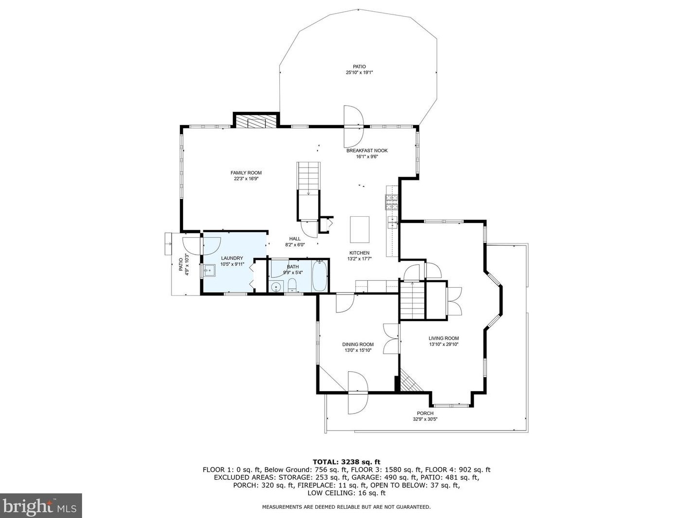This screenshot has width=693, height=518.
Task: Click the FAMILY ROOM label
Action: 246,173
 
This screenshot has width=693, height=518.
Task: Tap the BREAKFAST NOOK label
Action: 367,151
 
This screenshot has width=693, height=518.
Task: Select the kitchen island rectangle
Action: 360,229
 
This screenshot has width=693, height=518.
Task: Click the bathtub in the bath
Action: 319,276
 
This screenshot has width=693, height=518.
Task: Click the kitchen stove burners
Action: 392,202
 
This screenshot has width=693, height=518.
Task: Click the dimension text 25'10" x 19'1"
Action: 359,72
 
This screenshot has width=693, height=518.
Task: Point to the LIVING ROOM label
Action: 444,338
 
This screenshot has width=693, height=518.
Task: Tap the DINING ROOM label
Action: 358,345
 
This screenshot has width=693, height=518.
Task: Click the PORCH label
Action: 425,413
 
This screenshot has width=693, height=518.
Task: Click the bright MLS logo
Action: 41,505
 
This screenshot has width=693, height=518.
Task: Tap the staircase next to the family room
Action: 309,191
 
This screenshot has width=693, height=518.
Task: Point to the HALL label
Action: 295,239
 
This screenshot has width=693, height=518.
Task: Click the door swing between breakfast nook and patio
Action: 354,126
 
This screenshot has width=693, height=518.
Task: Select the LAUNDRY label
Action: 232,258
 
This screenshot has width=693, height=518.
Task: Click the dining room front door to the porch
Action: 358,393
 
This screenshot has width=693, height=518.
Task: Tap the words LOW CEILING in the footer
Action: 327,493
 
